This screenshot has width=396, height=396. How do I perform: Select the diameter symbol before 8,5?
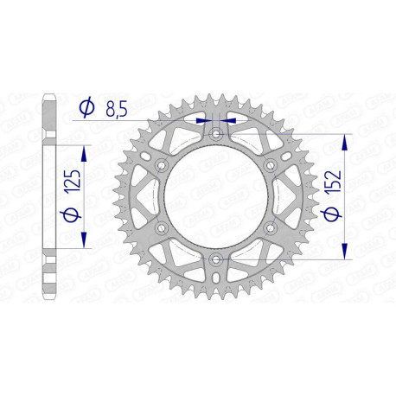pos(86,109)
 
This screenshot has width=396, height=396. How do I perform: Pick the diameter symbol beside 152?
pos(333,214)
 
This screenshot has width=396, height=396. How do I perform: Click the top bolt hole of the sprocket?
pos(215,134)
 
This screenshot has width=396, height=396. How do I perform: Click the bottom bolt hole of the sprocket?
pos(215,259)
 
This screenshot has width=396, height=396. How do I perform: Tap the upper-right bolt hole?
pos(270,165)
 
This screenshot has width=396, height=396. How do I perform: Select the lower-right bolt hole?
pos(270,227)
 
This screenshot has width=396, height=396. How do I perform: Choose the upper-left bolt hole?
pos(161,165)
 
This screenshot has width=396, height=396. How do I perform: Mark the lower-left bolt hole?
pos(161,227)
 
